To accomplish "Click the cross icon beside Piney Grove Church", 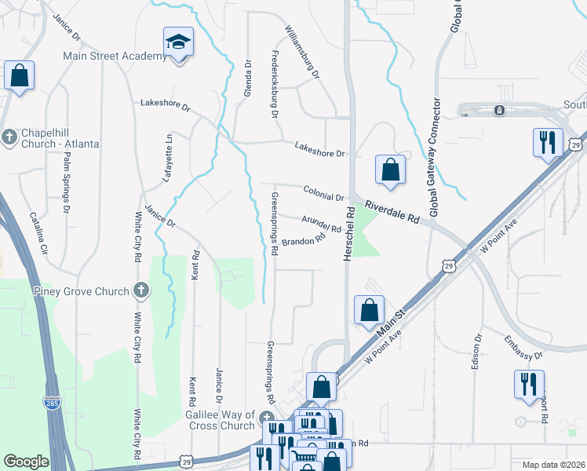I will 141,291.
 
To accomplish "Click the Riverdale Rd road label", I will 392,214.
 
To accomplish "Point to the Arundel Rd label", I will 321,224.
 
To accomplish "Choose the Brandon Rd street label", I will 304,242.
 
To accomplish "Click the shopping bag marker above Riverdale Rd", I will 389,171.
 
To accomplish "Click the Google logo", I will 26,462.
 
